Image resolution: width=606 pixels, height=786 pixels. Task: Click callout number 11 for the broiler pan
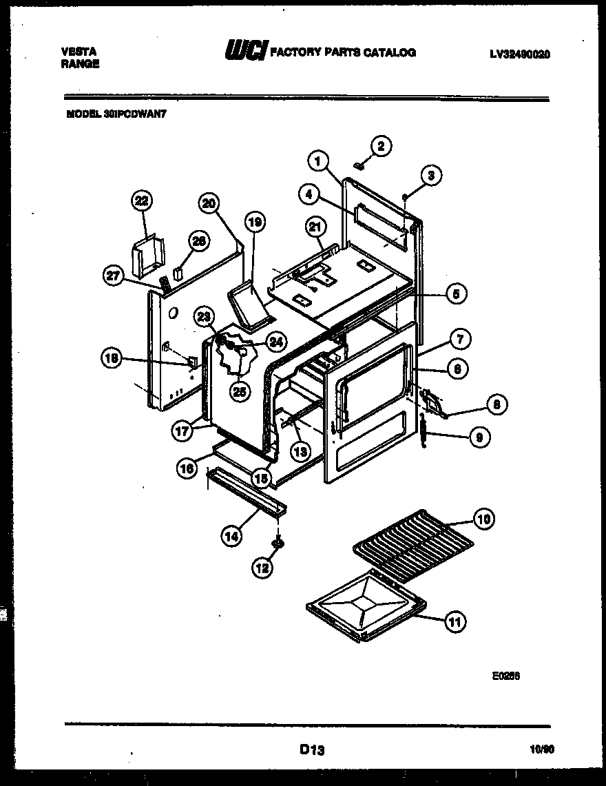point(454,622)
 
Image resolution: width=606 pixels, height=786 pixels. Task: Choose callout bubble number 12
point(262,568)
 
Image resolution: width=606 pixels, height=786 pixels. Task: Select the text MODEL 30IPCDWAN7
point(116,116)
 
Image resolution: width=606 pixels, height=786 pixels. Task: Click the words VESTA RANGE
point(80,58)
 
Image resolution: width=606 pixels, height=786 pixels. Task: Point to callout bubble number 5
point(455,293)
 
